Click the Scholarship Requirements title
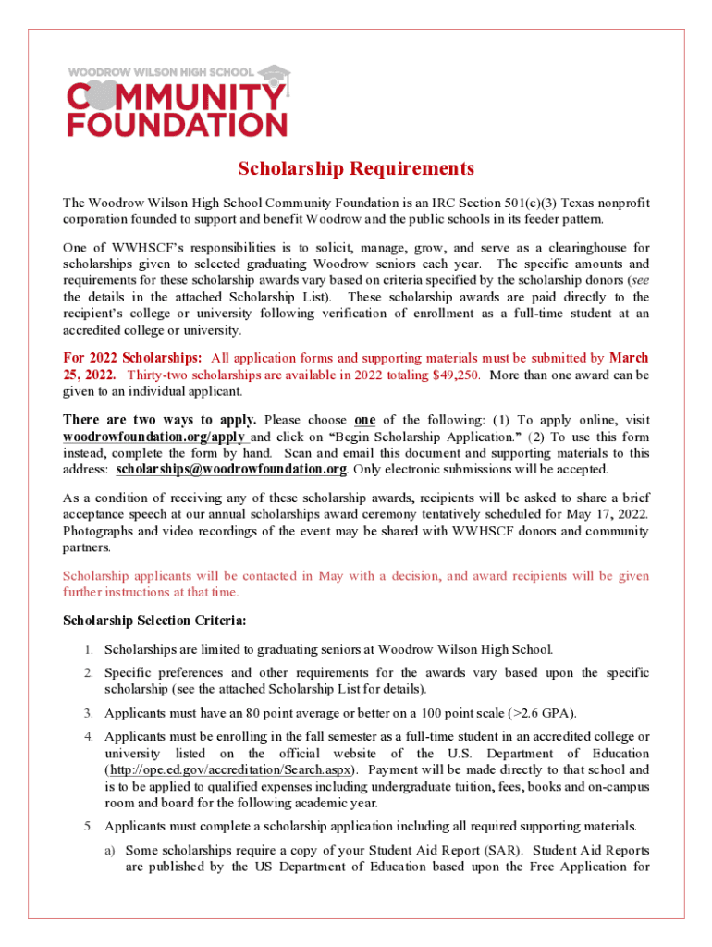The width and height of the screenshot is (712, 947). click(x=356, y=169)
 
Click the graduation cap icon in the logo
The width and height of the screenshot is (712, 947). click(x=272, y=73)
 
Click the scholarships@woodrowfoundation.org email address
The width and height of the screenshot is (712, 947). click(x=232, y=470)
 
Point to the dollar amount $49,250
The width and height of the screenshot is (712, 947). click(x=450, y=375)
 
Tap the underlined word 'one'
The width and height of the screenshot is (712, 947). click(x=364, y=420)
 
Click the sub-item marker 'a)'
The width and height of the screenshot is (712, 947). click(x=110, y=850)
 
